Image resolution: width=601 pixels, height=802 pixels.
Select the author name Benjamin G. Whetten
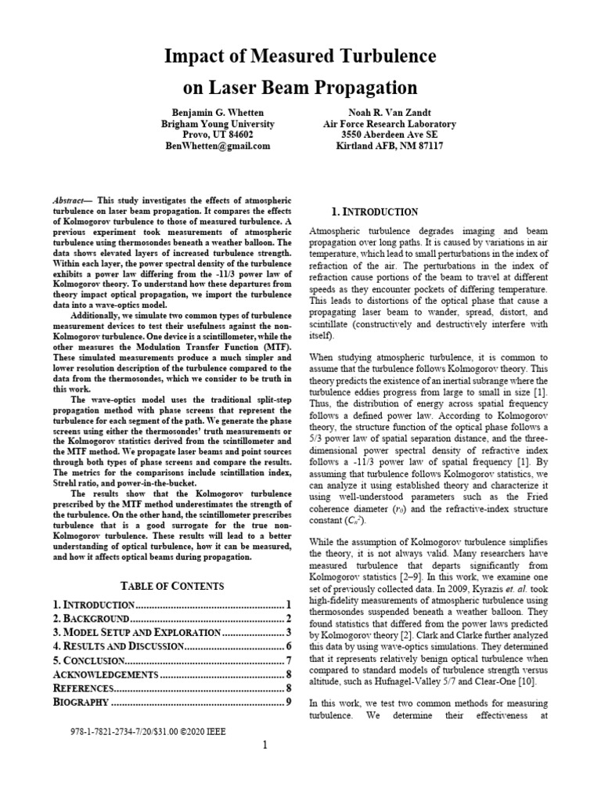click(x=218, y=112)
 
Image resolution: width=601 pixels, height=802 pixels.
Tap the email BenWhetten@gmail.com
click(x=218, y=146)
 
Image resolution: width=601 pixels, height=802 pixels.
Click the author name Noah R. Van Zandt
click(x=389, y=112)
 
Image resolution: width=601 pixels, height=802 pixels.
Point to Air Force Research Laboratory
click(x=389, y=124)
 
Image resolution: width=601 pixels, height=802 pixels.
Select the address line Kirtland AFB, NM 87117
click(x=389, y=146)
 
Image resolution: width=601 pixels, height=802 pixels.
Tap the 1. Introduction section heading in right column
click(x=375, y=212)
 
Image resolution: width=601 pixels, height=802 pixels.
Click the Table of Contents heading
click(x=171, y=585)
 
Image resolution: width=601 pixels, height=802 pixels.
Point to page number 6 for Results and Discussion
click(x=288, y=646)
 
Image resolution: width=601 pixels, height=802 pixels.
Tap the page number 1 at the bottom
click(x=265, y=745)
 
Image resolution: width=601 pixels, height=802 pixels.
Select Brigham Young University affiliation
click(x=218, y=124)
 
